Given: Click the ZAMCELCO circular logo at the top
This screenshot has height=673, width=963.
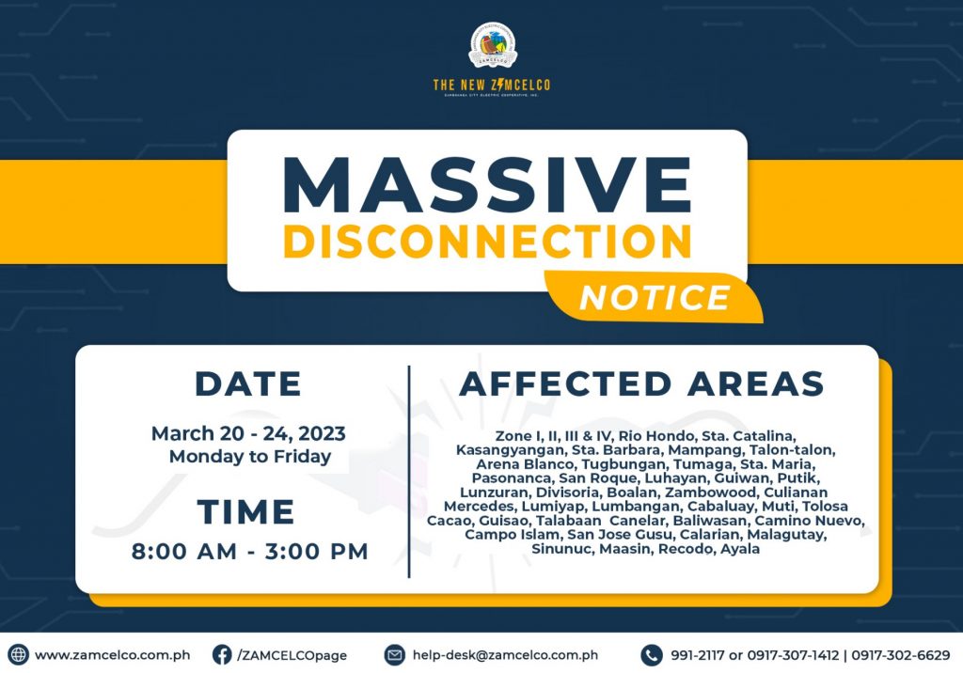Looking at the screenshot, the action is coord(492,45).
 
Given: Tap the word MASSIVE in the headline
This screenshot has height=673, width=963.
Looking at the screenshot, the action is coord(488,185).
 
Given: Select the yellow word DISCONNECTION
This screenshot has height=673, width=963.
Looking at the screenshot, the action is coord(488,242).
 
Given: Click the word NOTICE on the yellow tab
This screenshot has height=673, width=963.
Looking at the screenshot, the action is coord(655,298).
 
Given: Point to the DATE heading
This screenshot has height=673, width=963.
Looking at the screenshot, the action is coord(248,383).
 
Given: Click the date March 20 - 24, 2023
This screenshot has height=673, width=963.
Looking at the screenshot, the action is coord(248,433).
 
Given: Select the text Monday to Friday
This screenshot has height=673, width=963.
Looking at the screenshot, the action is coord(250,456).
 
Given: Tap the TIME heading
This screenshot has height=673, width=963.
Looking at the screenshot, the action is coord(245,511).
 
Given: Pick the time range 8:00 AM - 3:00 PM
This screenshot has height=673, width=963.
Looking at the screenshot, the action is coord(249,551).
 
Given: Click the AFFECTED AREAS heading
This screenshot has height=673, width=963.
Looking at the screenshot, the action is coord(641,383).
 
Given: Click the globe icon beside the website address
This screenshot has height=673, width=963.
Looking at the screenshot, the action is coord(19,654).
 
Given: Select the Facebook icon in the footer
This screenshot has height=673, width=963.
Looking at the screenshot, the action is coord(222,654).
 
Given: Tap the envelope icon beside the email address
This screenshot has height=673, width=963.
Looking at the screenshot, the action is coord(394,654).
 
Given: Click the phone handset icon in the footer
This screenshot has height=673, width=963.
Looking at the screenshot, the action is coord(652,654).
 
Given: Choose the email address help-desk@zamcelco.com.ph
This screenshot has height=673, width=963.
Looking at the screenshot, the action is coord(505,655).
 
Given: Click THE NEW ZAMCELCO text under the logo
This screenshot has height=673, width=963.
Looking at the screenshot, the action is coord(491,85).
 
